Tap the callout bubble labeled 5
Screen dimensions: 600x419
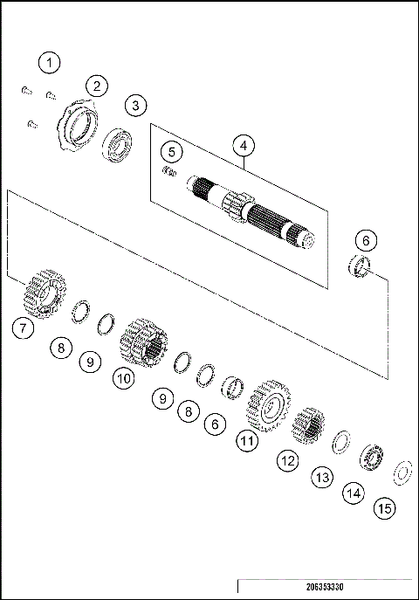pos(173,152)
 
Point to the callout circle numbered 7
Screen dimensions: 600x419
pos(23,328)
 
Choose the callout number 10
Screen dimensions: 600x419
pos(122,379)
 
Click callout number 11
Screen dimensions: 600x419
pos(249,441)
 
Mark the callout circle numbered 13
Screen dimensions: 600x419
pos(323,477)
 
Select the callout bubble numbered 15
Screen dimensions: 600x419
pos(382,507)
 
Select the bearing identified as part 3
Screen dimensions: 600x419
pos(117,144)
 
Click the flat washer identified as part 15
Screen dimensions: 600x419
pos(403,471)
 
